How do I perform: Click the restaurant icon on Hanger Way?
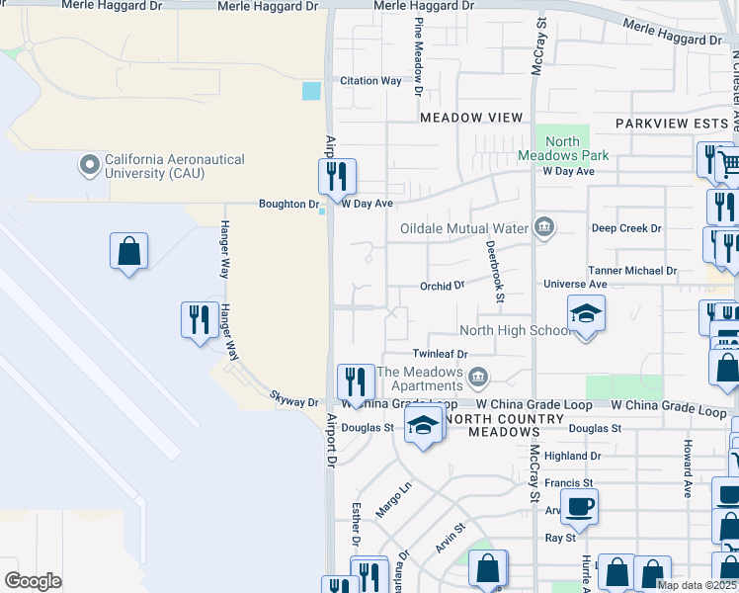[200, 319]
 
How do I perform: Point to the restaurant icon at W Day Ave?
[337, 177]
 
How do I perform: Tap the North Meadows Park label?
[563, 148]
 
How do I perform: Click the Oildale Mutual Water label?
[464, 228]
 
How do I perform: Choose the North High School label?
[514, 330]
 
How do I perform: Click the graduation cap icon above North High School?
[586, 313]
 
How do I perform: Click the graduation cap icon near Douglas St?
[424, 425]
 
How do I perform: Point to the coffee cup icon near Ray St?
[579, 507]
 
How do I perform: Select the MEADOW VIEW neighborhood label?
[471, 118]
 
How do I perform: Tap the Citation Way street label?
[370, 81]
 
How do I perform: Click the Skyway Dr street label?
[294, 402]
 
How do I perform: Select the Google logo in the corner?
[33, 580]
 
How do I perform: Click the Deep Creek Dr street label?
[626, 228]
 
